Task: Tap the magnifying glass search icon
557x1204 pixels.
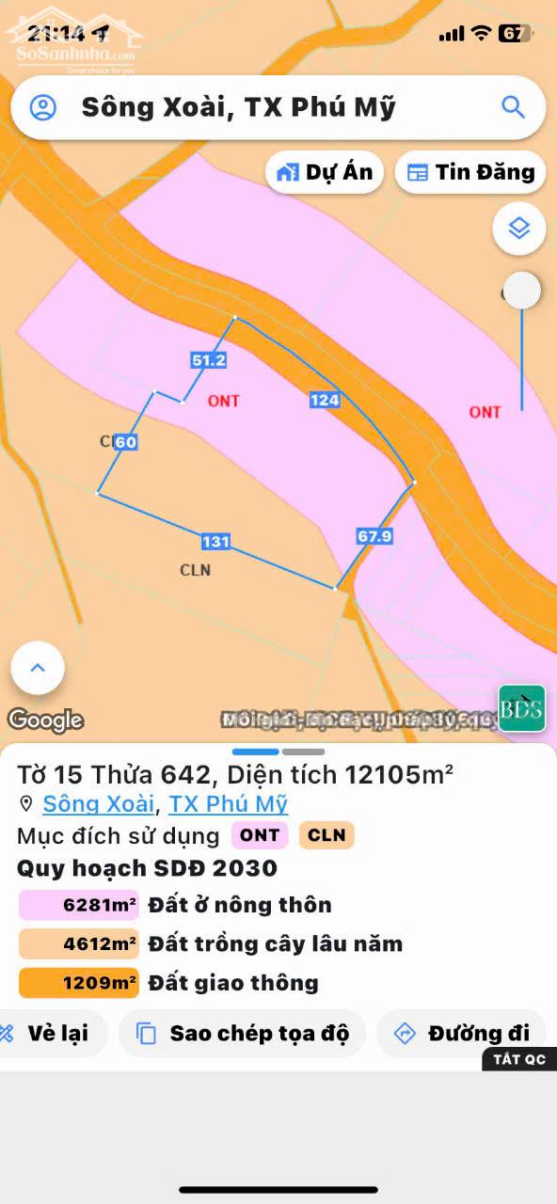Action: pos(513,107)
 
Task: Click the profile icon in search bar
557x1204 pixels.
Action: pos(43,107)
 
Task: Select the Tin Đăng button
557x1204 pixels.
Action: pos(470,172)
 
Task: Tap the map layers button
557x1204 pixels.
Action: pos(518,228)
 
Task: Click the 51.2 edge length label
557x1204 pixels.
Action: pos(208,360)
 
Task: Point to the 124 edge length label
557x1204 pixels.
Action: pos(325,400)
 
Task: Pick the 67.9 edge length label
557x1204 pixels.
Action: pos(374,536)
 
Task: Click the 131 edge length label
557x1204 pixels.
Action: pos(215,542)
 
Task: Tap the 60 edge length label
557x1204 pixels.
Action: pos(126,442)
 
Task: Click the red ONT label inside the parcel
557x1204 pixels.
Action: pos(224,401)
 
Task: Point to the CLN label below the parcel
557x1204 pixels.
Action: pos(195,570)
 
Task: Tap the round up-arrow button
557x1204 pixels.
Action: pos(38,668)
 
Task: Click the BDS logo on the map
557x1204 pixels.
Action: pos(522,708)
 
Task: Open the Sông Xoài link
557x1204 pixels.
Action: pos(98,804)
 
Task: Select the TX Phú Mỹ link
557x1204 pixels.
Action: pos(229,804)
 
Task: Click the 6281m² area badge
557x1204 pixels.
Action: pos(79,906)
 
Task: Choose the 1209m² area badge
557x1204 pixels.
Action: pos(79,983)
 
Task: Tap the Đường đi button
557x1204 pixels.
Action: pos(462,1033)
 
